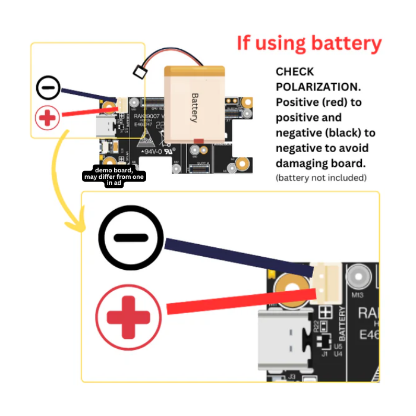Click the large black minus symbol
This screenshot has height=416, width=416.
tap(130, 238)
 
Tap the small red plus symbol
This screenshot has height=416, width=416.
tap(48, 118)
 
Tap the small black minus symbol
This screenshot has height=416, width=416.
tap(48, 88)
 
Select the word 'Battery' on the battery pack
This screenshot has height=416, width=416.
tap(194, 108)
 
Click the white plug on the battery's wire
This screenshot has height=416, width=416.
tap(140, 72)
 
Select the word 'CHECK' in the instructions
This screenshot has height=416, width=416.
tap(295, 72)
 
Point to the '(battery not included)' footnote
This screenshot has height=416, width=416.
tap(321, 178)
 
